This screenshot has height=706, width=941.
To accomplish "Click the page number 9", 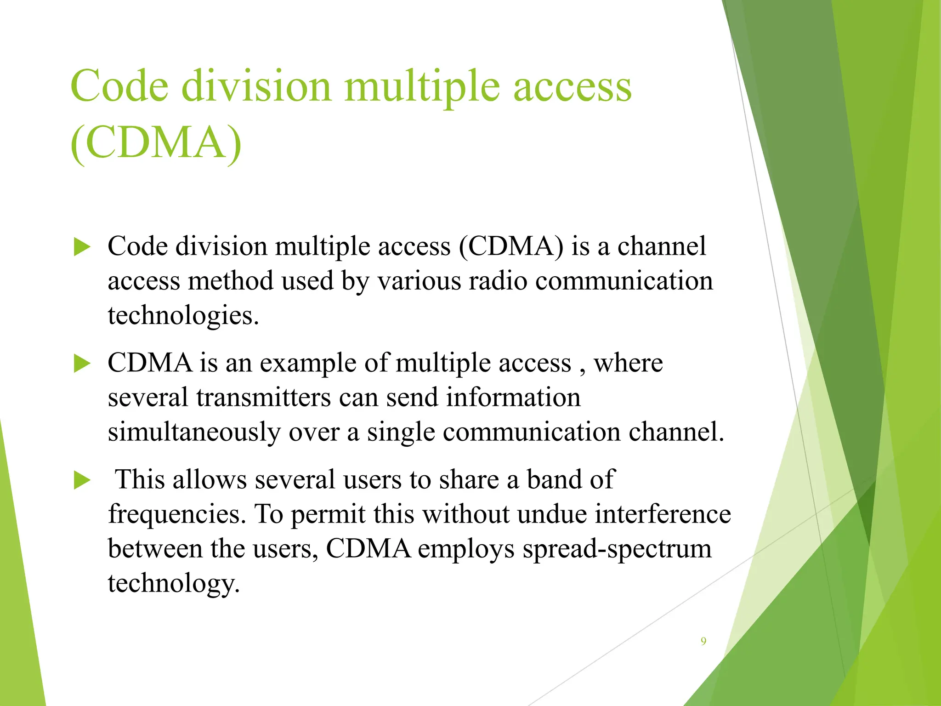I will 703,641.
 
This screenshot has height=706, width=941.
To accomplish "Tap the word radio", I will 498,281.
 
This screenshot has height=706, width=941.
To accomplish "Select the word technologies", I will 183,316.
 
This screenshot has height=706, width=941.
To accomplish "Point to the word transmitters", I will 264,398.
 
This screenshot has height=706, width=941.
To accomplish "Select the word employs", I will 466,549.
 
